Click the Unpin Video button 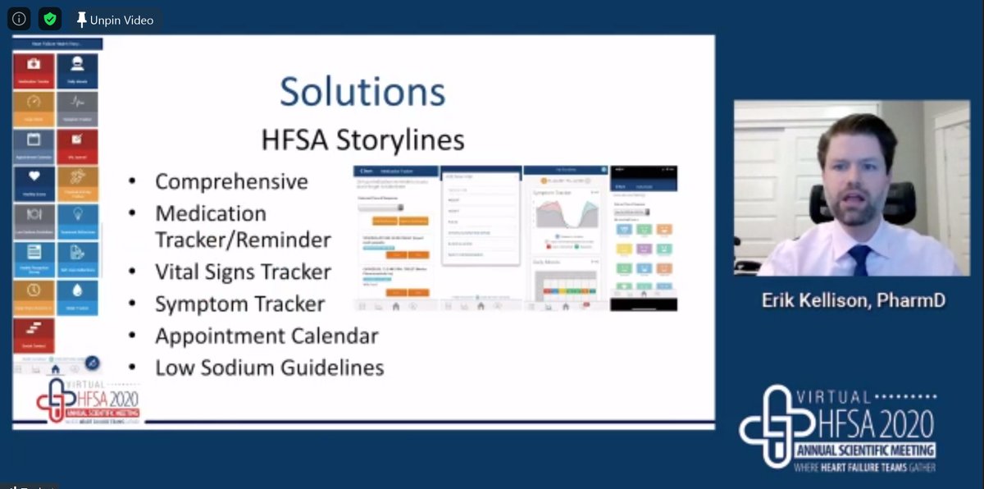[x=114, y=20]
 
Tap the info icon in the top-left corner [x=19, y=20]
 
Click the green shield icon [x=49, y=20]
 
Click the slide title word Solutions [x=362, y=91]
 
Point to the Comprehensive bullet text [x=231, y=181]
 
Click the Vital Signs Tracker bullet [x=243, y=272]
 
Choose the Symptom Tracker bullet [x=239, y=304]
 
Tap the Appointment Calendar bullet [x=266, y=336]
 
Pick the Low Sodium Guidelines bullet [x=269, y=368]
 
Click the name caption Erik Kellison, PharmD [x=853, y=300]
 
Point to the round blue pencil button [x=92, y=363]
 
